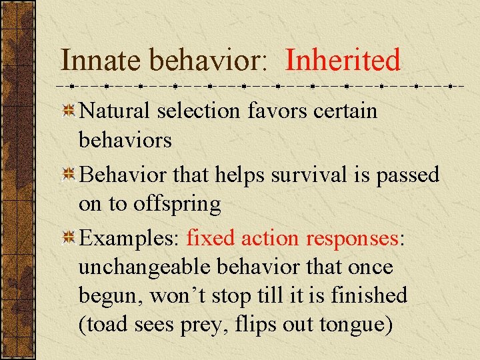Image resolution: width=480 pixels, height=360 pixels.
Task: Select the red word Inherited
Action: pos(343,60)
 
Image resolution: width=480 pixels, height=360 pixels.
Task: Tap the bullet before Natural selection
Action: pos(67,112)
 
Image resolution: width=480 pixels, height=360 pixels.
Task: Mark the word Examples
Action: pos(130,239)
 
